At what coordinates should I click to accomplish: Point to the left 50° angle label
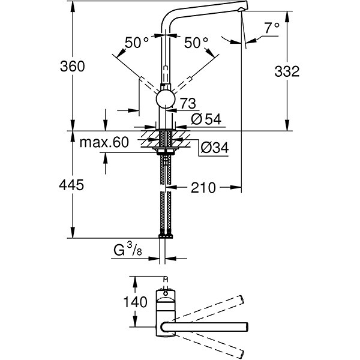pos(137,43)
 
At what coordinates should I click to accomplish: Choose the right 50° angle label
pos(196,43)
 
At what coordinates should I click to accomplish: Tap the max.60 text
pos(104,143)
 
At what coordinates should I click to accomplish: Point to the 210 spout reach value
pos(203,188)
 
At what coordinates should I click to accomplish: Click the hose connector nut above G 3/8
pos(166,235)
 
